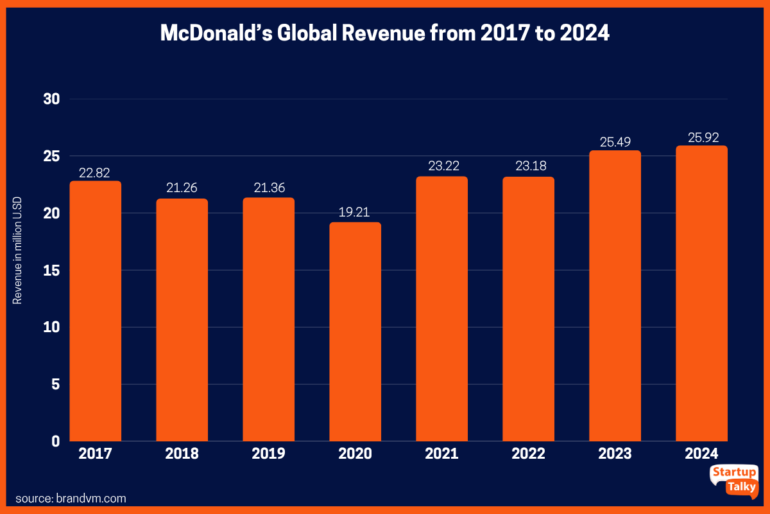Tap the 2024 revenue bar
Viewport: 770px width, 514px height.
701,293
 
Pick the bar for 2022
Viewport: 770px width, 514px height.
528,308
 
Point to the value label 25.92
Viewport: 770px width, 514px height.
701,136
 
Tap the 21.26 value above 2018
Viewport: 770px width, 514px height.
182,189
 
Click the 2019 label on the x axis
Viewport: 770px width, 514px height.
268,454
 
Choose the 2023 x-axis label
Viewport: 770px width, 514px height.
615,454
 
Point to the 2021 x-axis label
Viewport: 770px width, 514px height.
441,454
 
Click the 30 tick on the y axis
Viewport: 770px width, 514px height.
51,100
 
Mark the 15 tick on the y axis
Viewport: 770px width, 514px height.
51,270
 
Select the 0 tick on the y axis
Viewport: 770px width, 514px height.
56,441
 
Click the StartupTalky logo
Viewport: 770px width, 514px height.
733,480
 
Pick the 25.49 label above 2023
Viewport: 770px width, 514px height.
615,141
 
